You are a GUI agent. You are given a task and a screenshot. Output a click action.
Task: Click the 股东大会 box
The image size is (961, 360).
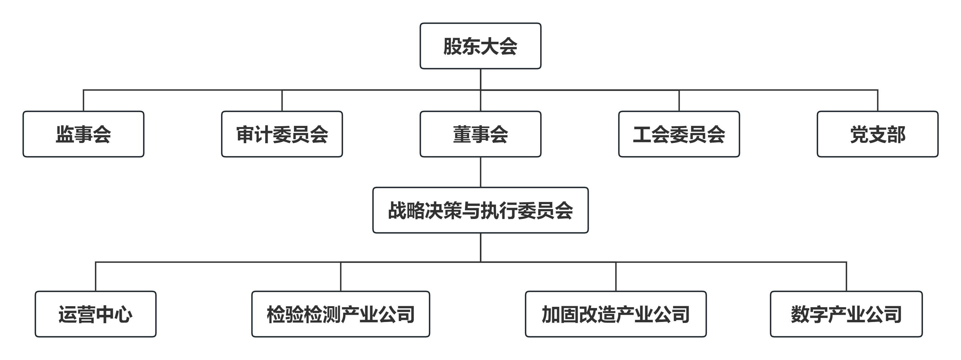point(480,46)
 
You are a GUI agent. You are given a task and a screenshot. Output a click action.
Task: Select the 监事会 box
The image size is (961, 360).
point(83,134)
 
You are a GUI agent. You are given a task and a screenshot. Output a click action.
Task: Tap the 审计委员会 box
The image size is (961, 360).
point(282,134)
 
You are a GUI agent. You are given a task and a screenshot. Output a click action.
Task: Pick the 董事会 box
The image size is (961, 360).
point(480,134)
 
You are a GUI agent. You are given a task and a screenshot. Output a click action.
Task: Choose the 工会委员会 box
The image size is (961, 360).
point(679,134)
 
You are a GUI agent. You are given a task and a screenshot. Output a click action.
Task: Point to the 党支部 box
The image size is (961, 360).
point(877,134)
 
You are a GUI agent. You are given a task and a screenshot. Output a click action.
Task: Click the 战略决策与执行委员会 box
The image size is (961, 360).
point(480,210)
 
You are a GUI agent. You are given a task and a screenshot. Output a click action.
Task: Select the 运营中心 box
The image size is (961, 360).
point(96,314)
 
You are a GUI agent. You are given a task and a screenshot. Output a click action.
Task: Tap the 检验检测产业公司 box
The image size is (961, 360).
point(341,314)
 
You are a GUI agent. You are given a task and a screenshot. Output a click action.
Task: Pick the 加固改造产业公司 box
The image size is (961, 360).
point(616,314)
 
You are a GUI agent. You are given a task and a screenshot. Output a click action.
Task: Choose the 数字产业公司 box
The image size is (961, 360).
point(846,314)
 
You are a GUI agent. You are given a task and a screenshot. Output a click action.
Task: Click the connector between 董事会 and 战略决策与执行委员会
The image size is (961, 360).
point(480,172)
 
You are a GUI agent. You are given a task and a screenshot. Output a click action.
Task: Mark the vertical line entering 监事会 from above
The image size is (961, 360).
point(83,101)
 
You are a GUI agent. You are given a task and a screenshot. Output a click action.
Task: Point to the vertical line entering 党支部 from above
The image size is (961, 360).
point(878,101)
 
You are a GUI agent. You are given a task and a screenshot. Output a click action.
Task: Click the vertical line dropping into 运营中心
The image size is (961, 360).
point(96,276)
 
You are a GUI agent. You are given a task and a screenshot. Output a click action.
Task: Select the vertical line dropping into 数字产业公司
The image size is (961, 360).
point(846,276)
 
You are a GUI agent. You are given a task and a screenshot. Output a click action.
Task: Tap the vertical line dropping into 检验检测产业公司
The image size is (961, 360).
point(341,276)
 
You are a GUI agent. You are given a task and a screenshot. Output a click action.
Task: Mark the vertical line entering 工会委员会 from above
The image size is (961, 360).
point(679,101)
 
